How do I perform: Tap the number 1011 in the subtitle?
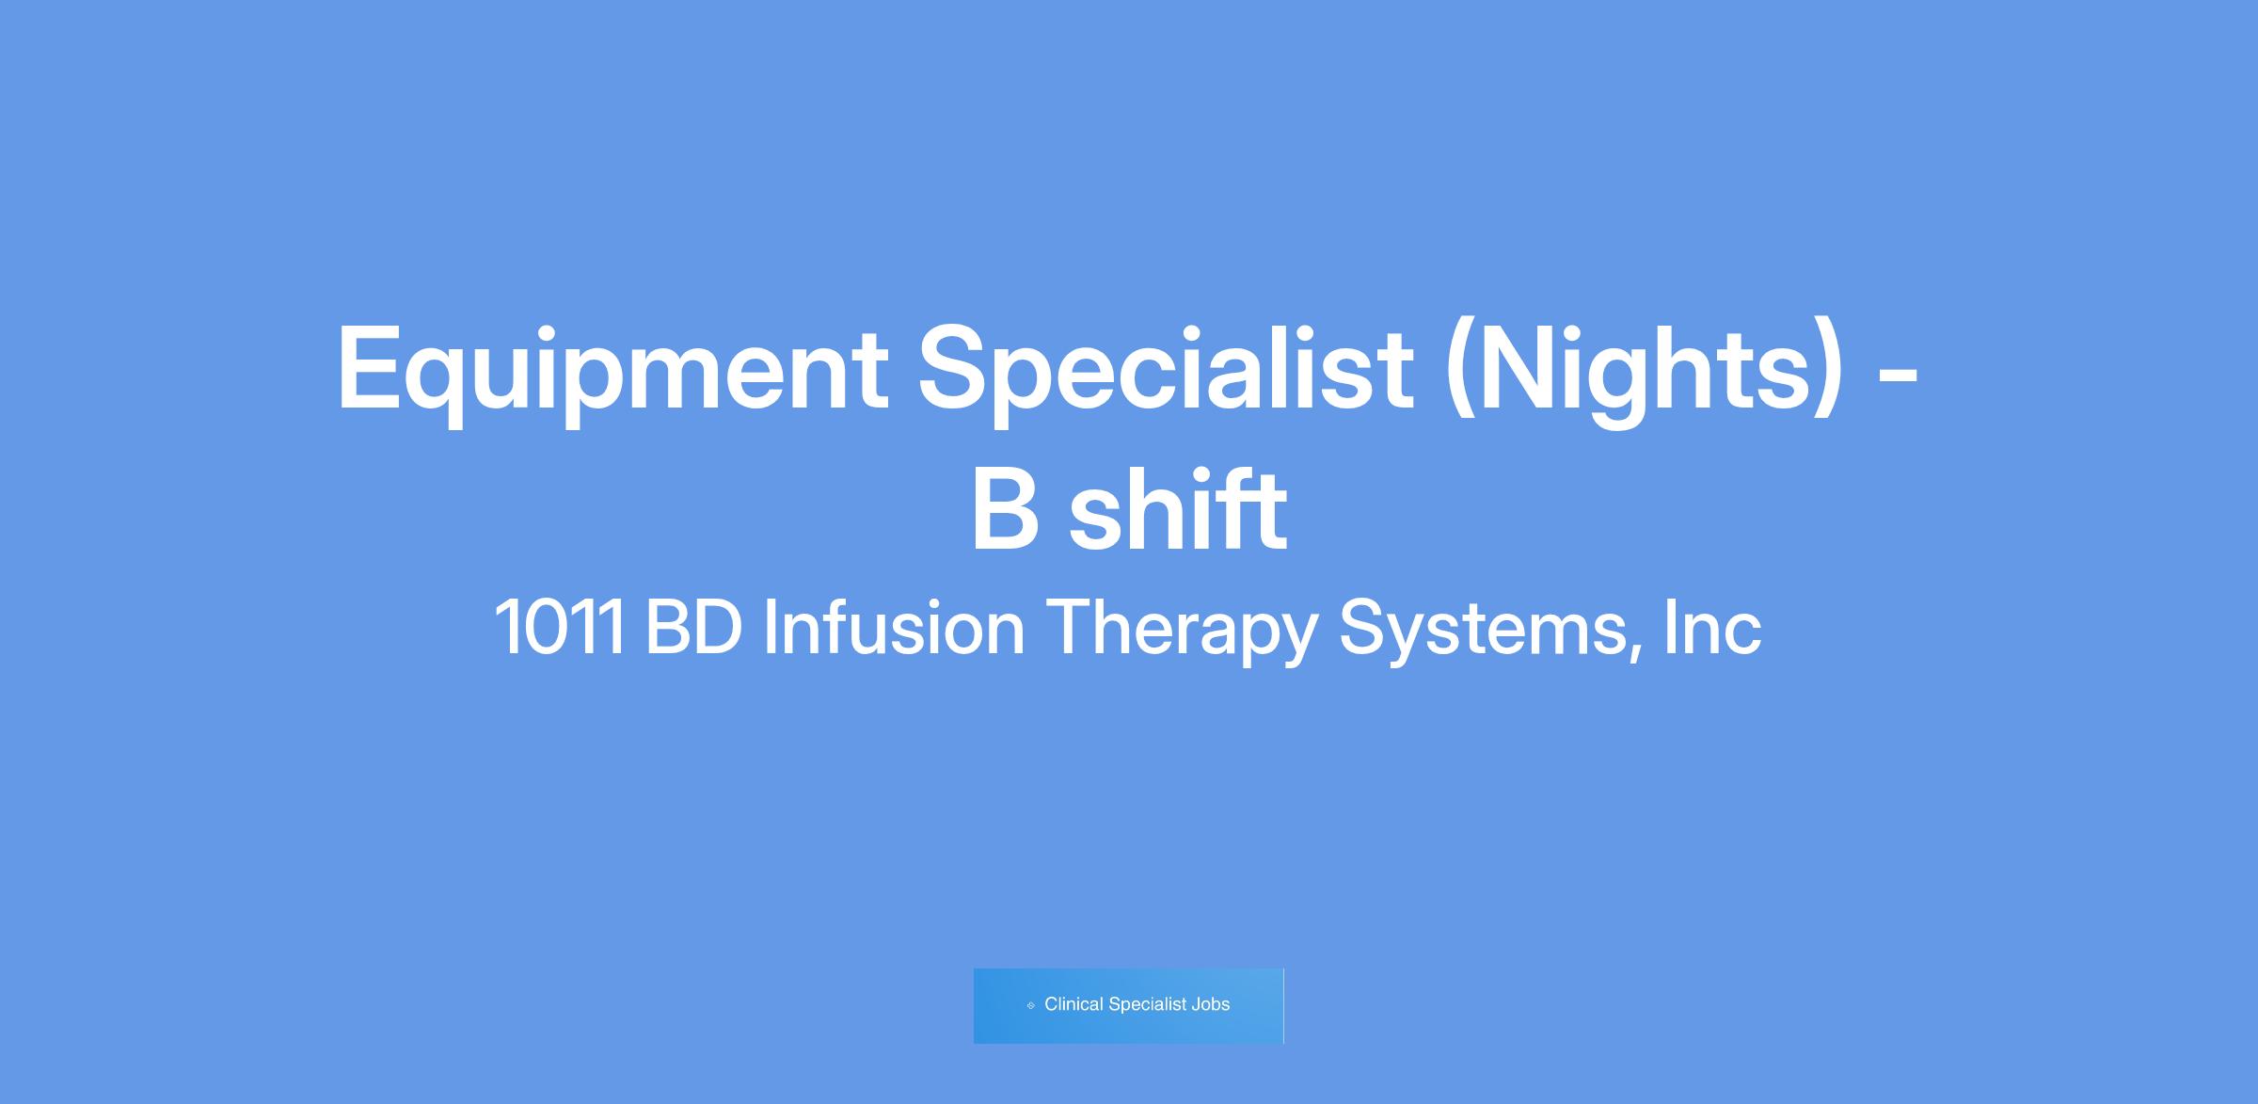[559, 628]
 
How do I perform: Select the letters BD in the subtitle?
[693, 628]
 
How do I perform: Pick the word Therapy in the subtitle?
[1181, 631]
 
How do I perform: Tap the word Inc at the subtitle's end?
[1712, 628]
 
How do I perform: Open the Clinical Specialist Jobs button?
[1128, 1005]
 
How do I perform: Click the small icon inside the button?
[1031, 1005]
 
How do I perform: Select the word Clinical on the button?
[1073, 1004]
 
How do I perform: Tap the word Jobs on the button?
[1210, 1004]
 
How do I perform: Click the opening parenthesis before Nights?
[1459, 374]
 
